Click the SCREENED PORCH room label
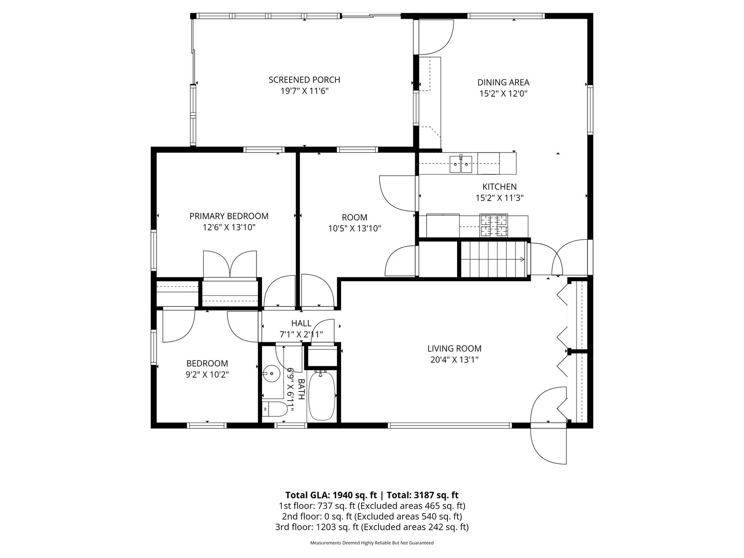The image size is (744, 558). click(304, 80)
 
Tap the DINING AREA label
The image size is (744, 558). click(503, 82)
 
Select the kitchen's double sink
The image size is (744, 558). click(461, 164)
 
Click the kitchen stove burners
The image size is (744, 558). click(494, 225)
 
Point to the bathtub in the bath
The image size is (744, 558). click(322, 395)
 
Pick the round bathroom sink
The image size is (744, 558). click(272, 374)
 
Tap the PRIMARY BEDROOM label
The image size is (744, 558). click(229, 216)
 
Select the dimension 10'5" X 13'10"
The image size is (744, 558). click(355, 228)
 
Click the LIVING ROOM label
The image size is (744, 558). click(454, 349)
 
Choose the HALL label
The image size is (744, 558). click(301, 323)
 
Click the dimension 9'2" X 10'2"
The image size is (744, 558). click(207, 374)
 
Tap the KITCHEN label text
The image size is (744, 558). click(499, 187)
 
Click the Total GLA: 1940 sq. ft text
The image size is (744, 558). click(331, 495)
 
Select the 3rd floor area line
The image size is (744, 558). click(372, 527)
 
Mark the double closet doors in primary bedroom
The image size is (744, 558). click(230, 264)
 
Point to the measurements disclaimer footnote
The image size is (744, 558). click(372, 543)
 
